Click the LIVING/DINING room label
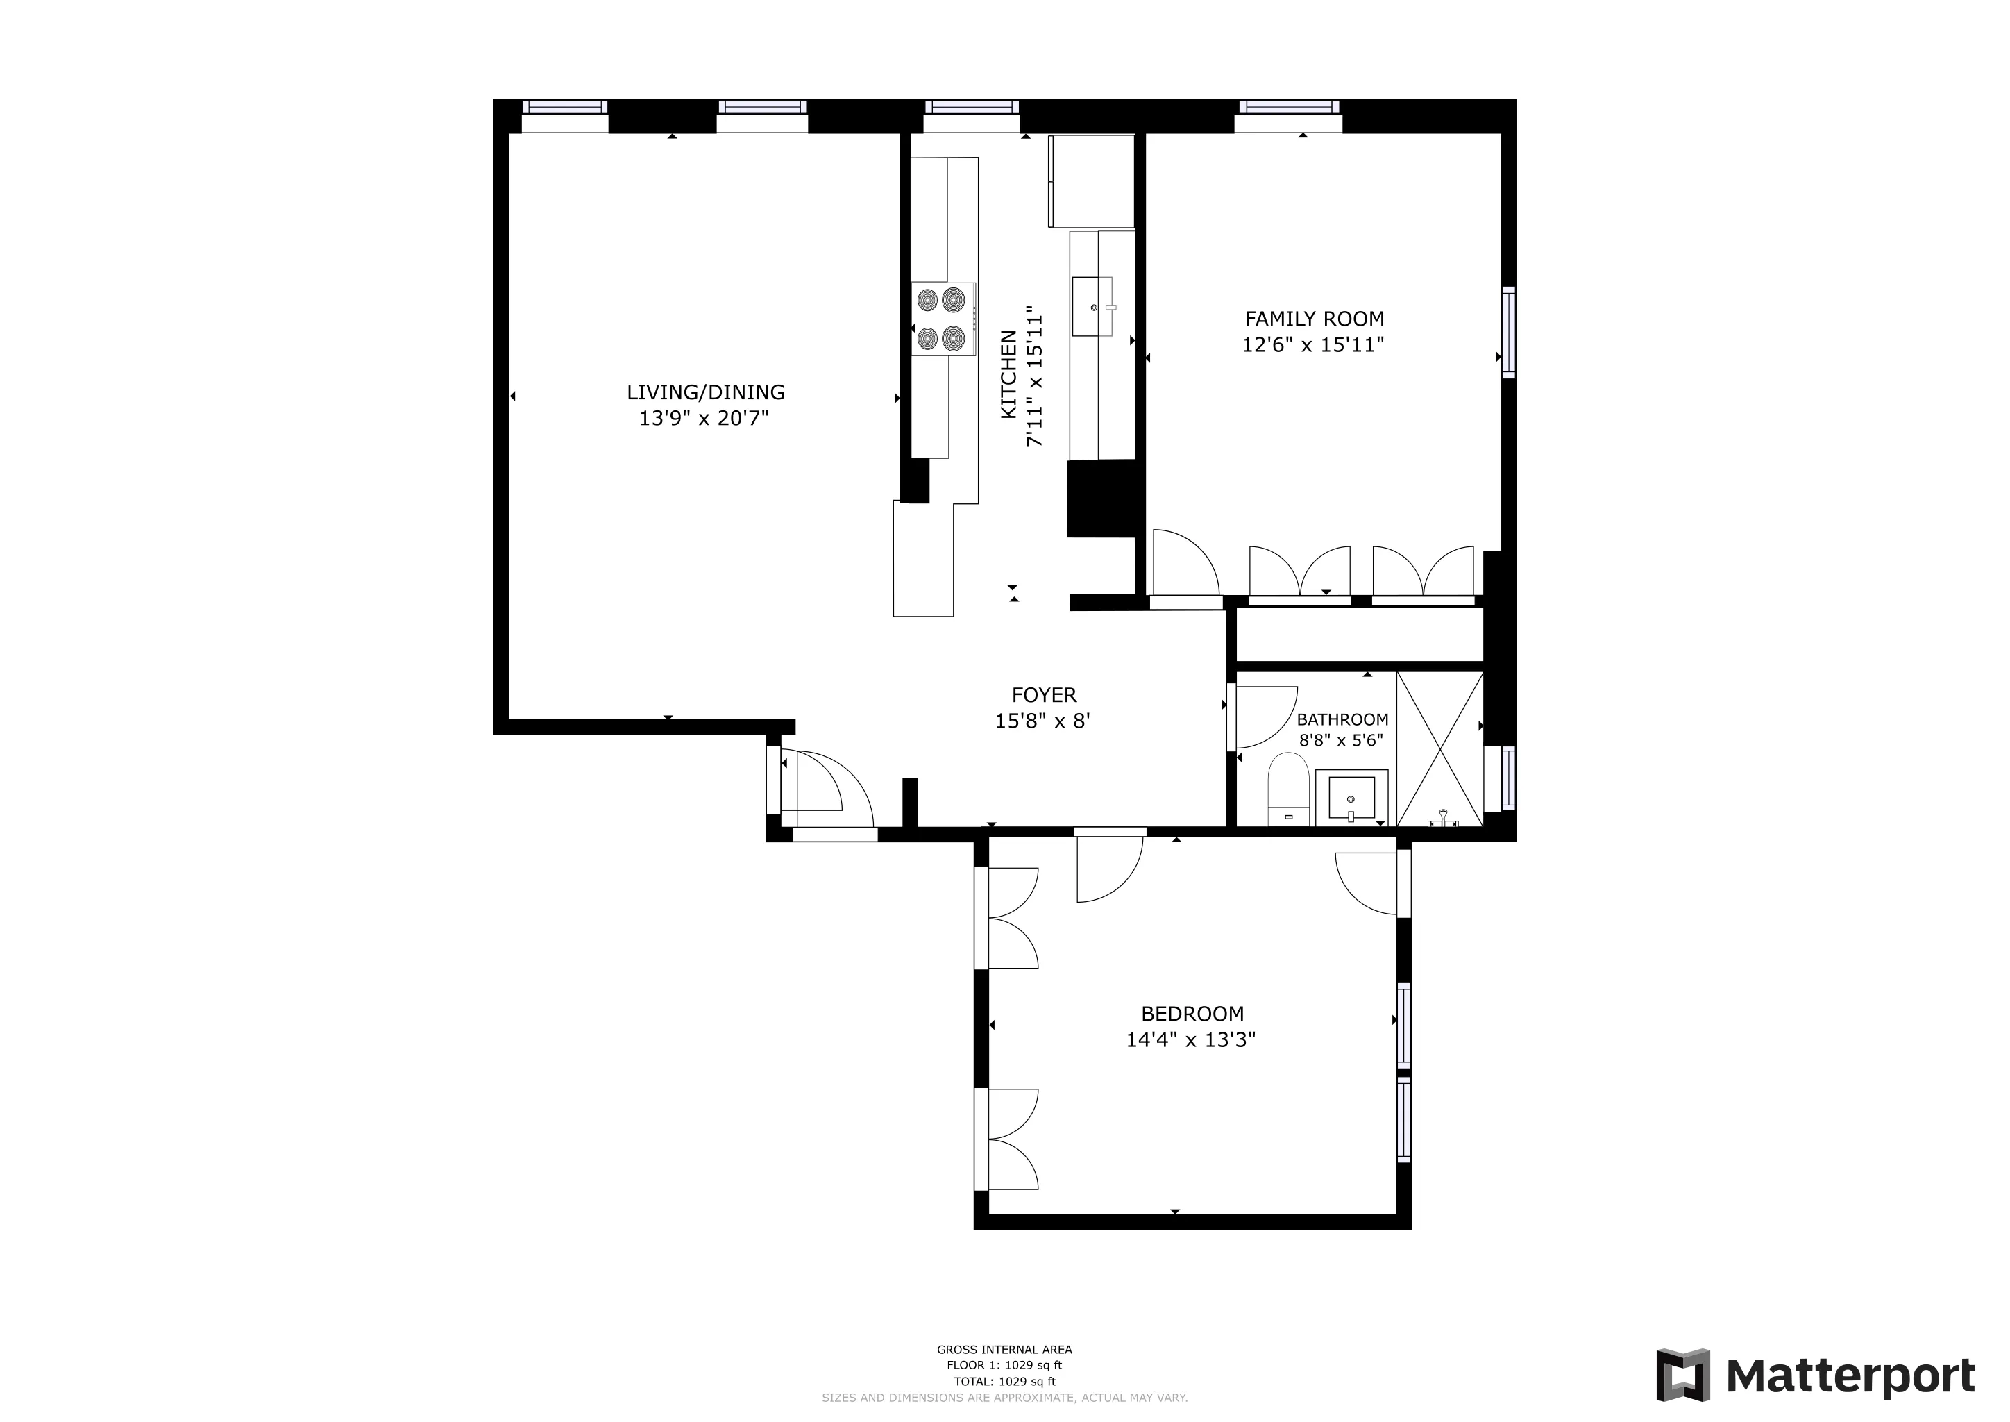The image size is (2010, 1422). point(706,392)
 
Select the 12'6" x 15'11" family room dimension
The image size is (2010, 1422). point(1312,345)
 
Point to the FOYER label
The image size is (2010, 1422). point(1043,695)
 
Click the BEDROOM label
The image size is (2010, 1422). point(1192,1014)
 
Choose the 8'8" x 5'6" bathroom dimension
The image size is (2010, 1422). point(1340,740)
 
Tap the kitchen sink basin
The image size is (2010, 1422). point(1092,306)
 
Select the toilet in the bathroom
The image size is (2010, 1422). point(1287,792)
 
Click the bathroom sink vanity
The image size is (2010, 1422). point(1351,798)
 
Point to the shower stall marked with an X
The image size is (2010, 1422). point(1439,749)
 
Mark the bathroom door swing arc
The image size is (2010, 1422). point(1266,717)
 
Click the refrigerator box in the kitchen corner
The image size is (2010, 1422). point(1091,181)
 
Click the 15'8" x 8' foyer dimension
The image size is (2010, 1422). point(1042,721)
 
